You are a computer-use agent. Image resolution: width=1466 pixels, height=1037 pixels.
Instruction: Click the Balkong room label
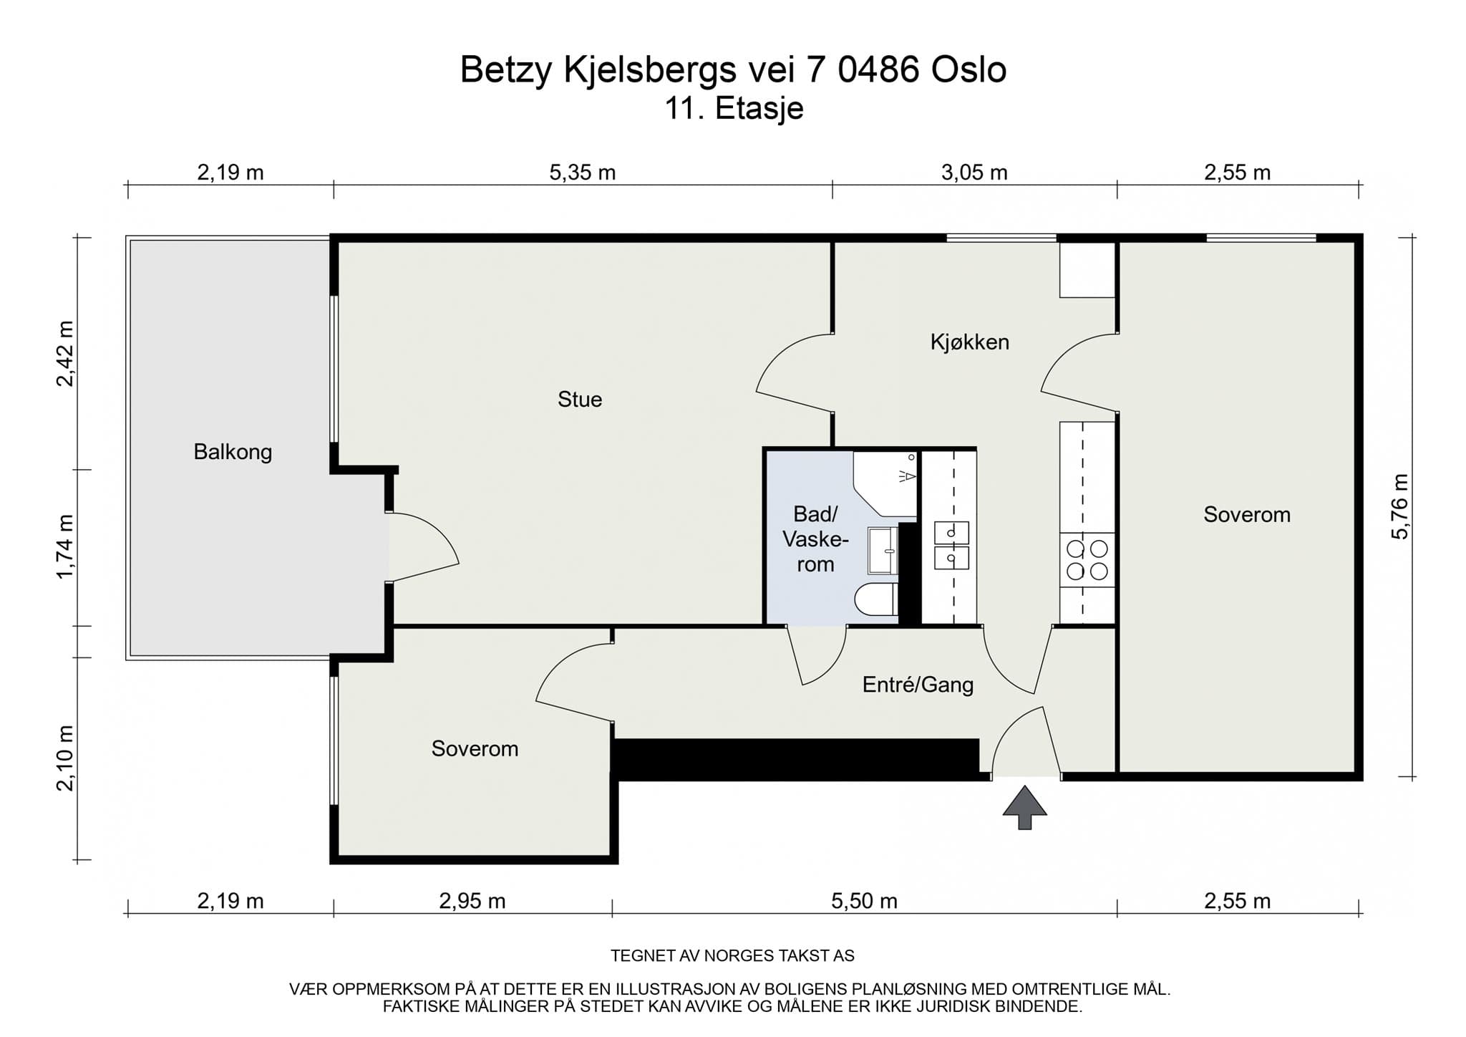[233, 452]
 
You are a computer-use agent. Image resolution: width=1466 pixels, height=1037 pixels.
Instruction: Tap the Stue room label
[580, 399]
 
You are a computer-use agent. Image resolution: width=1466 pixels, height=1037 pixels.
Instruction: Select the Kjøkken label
[970, 342]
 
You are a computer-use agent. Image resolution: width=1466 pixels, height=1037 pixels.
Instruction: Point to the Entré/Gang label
[918, 685]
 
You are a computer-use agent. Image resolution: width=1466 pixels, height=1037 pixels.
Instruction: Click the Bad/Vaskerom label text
[815, 539]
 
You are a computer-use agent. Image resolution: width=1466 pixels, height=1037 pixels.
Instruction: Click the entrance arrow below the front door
[1024, 807]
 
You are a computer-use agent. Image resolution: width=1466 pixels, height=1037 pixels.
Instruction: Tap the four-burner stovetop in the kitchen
[1087, 560]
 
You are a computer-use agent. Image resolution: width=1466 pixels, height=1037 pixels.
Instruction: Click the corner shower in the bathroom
[885, 483]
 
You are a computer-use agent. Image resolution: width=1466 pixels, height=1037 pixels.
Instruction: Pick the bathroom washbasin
[883, 551]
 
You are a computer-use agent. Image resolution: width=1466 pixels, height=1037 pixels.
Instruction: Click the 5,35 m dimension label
[583, 173]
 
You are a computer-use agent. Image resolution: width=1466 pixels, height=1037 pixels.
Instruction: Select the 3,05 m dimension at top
[974, 173]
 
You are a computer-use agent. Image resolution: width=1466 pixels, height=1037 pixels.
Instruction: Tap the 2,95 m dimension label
[472, 901]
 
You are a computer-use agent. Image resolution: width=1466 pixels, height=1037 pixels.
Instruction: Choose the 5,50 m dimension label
[864, 901]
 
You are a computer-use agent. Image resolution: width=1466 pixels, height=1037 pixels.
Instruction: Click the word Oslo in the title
[969, 69]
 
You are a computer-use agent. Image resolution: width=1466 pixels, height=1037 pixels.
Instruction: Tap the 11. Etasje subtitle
[734, 109]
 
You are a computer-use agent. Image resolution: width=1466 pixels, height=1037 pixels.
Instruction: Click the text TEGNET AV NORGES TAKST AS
[732, 955]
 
